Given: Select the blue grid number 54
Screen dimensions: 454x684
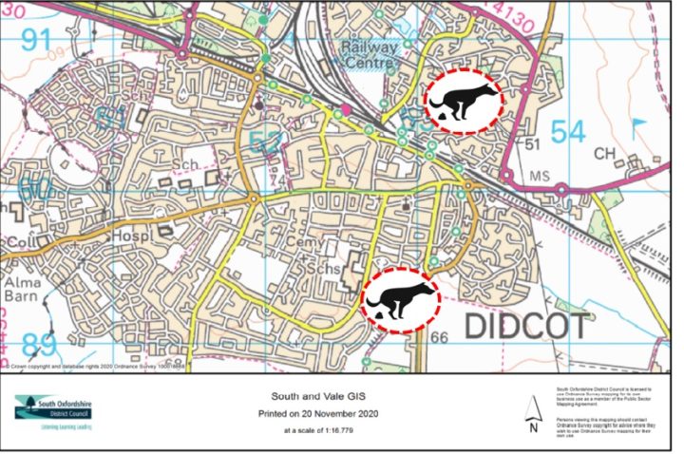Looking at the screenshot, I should pyautogui.click(x=567, y=133).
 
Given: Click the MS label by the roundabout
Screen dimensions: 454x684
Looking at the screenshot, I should pyautogui.click(x=539, y=177).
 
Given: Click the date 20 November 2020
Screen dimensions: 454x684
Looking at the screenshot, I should pyautogui.click(x=332, y=413).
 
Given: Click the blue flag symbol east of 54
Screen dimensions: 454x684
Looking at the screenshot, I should pyautogui.click(x=637, y=124).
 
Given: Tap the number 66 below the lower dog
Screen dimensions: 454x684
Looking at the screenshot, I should pyautogui.click(x=438, y=337).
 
